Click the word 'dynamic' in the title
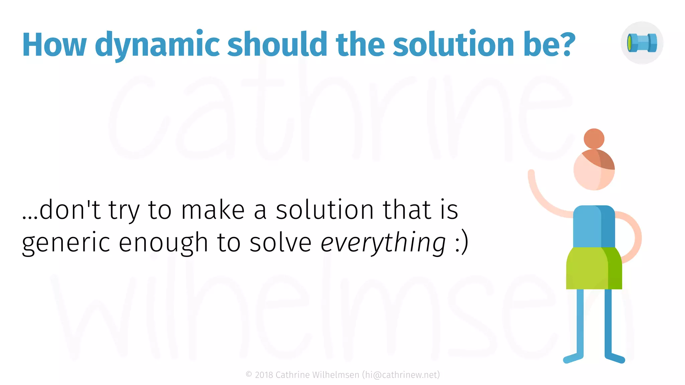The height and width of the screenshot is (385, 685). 157,45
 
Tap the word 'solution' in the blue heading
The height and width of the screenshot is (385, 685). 453,44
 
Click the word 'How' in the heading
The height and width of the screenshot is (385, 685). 55,45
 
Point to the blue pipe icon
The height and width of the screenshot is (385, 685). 642,43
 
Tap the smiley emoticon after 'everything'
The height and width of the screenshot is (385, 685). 462,242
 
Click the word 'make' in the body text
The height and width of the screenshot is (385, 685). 213,210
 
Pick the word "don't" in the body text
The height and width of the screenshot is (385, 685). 70,210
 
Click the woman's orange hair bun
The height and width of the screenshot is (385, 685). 594,138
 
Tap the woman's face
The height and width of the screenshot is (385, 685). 590,174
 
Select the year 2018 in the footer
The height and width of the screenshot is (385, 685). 264,375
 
